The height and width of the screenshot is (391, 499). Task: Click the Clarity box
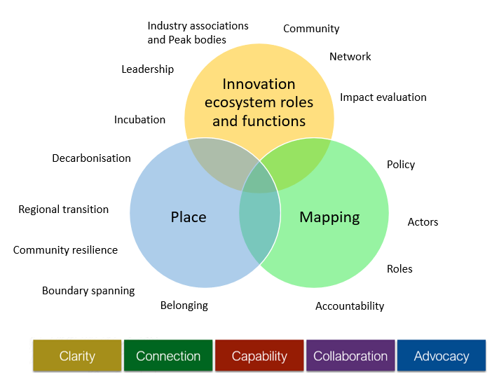(77, 356)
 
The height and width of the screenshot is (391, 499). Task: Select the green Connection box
(168, 356)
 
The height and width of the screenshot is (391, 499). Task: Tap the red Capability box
(259, 356)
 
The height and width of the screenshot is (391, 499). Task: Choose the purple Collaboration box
(350, 356)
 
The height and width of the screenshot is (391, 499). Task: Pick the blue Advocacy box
(442, 356)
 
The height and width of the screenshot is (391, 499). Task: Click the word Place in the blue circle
(189, 217)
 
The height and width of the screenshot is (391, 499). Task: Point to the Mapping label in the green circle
(329, 217)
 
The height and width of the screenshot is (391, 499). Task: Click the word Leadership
(147, 69)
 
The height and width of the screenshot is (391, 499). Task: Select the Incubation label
(139, 120)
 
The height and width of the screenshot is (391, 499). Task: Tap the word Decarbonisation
(91, 158)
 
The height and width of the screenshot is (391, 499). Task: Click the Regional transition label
(63, 210)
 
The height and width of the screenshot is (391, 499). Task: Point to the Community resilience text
(65, 250)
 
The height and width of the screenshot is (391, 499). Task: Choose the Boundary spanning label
(88, 291)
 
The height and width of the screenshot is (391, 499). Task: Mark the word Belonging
(184, 306)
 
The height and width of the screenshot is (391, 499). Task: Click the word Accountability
(350, 306)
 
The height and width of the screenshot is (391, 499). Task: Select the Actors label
(423, 222)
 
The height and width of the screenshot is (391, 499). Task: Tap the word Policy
(401, 165)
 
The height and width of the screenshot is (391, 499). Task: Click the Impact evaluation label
(383, 97)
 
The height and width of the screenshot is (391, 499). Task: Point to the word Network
(350, 57)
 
